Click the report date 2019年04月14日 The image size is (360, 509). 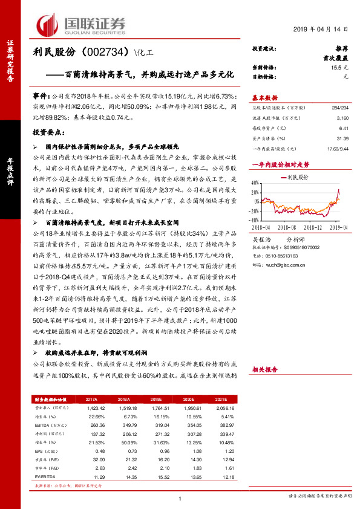click(x=321, y=29)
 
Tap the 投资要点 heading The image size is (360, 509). click(x=48, y=131)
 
